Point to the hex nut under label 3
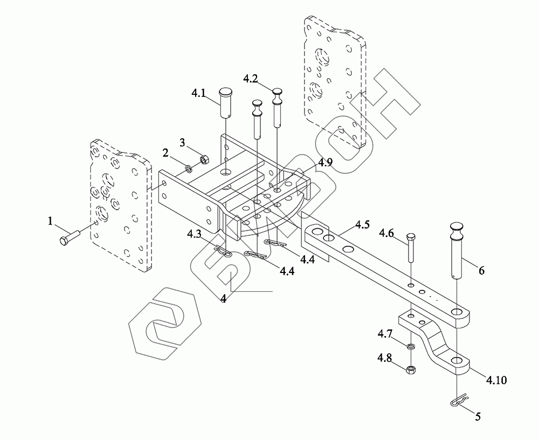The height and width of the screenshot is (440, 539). pos(204,159)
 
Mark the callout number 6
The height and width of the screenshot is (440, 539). pos(481,270)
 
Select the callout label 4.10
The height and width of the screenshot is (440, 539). pos(496,380)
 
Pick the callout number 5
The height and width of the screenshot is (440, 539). pos(478,416)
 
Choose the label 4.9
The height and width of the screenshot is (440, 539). pos(326,162)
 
